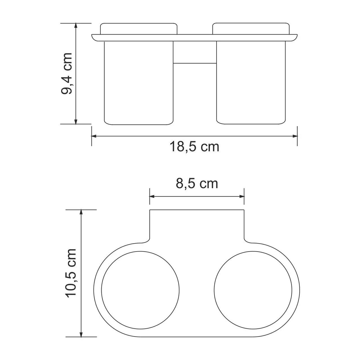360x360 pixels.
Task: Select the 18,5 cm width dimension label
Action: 194,147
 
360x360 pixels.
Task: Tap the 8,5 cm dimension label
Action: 197,184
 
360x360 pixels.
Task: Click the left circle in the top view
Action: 140,289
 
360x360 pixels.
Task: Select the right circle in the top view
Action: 253,289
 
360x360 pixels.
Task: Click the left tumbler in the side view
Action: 138,83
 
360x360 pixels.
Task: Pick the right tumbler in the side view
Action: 251,83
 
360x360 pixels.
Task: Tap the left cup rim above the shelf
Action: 138,28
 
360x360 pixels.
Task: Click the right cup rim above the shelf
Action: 251,28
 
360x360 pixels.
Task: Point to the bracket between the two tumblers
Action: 194,52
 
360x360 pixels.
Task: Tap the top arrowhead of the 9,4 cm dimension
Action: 75,26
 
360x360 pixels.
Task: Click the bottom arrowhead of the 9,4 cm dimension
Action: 75,121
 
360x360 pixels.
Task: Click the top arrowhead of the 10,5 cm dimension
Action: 81,212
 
